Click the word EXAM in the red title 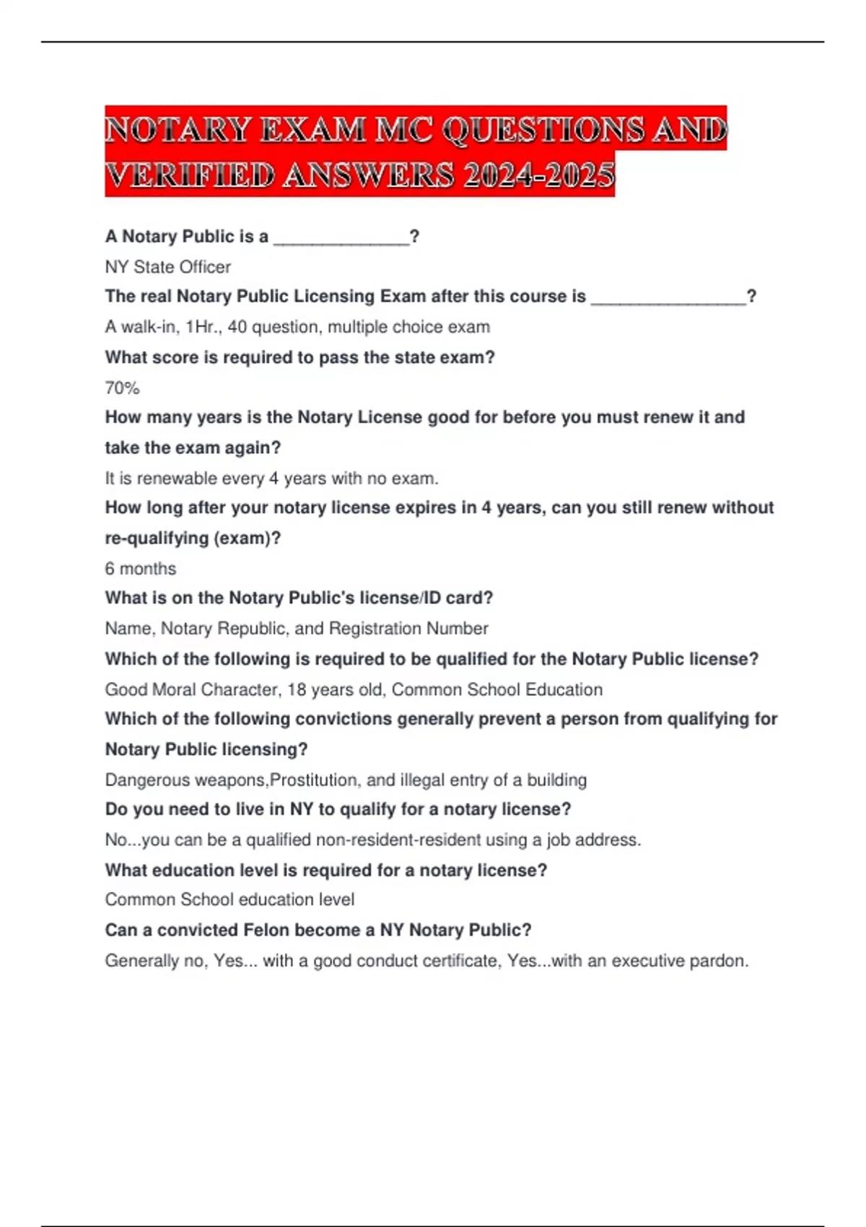pyautogui.click(x=312, y=130)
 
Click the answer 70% pyautogui.click(x=122, y=388)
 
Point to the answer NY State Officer pyautogui.click(x=167, y=267)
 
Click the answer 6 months pyautogui.click(x=140, y=569)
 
